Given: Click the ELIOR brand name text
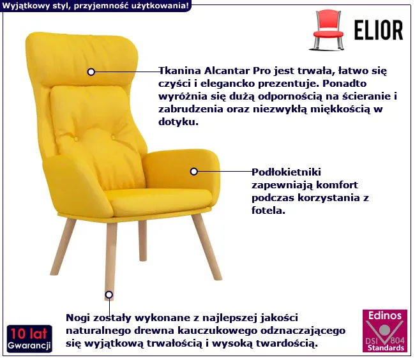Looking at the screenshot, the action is pyautogui.click(x=379, y=30).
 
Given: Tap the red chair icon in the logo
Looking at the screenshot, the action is pyautogui.click(x=328, y=30).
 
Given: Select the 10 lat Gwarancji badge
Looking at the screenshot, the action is pyautogui.click(x=29, y=339).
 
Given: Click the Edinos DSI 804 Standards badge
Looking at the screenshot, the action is pyautogui.click(x=385, y=331).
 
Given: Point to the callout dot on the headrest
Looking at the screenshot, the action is pyautogui.click(x=91, y=71).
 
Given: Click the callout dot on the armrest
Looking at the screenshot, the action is pyautogui.click(x=193, y=172).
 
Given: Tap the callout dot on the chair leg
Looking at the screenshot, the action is pyautogui.click(x=109, y=295).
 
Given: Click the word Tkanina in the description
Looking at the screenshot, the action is pyautogui.click(x=179, y=71).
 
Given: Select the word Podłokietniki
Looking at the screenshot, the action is pyautogui.click(x=286, y=172).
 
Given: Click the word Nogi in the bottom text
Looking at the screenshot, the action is pyautogui.click(x=76, y=319).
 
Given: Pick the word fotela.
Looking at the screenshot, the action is pyautogui.click(x=268, y=210).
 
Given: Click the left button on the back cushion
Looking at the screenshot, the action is pyautogui.click(x=75, y=139).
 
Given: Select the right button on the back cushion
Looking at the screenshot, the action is pyautogui.click(x=113, y=137).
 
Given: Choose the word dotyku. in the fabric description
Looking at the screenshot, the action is pyautogui.click(x=178, y=121).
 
